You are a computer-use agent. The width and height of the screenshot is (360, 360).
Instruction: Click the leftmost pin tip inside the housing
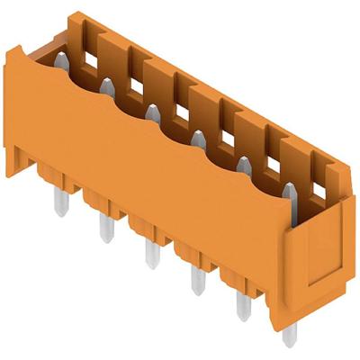pyautogui.click(x=59, y=59)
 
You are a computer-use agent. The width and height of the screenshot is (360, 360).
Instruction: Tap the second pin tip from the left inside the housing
pyautogui.click(x=106, y=85)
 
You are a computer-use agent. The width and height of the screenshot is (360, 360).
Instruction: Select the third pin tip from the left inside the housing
pyautogui.click(x=152, y=112)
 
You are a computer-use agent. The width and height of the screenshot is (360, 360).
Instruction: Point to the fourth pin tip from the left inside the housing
pyautogui.click(x=197, y=137)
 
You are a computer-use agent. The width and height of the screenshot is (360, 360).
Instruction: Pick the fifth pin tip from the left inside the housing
pyautogui.click(x=243, y=164)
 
